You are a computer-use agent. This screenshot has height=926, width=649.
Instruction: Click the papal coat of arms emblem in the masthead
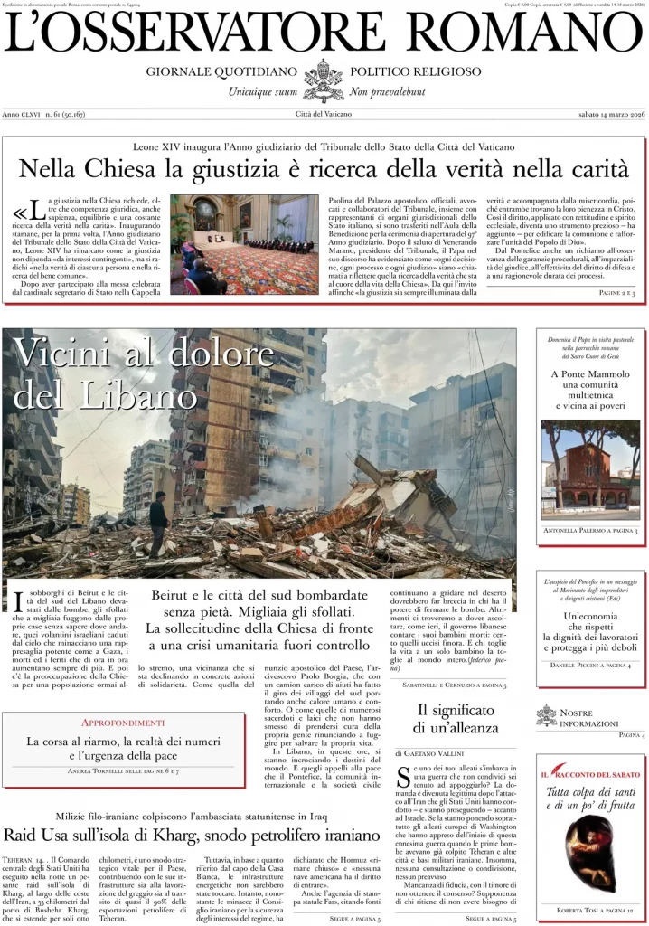pos(324,80)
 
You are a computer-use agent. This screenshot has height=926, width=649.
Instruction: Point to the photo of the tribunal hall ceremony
pos(244,244)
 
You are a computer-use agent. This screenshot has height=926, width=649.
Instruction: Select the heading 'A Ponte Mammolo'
pos(590,373)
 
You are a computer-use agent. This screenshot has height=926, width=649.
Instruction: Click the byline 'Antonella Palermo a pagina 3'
pos(590,530)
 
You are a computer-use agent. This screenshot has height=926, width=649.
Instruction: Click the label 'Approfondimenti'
pos(123,723)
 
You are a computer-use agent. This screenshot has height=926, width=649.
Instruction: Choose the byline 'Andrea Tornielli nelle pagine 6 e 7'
pos(123,770)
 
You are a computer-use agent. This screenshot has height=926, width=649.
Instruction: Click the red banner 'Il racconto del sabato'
pos(590,775)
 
